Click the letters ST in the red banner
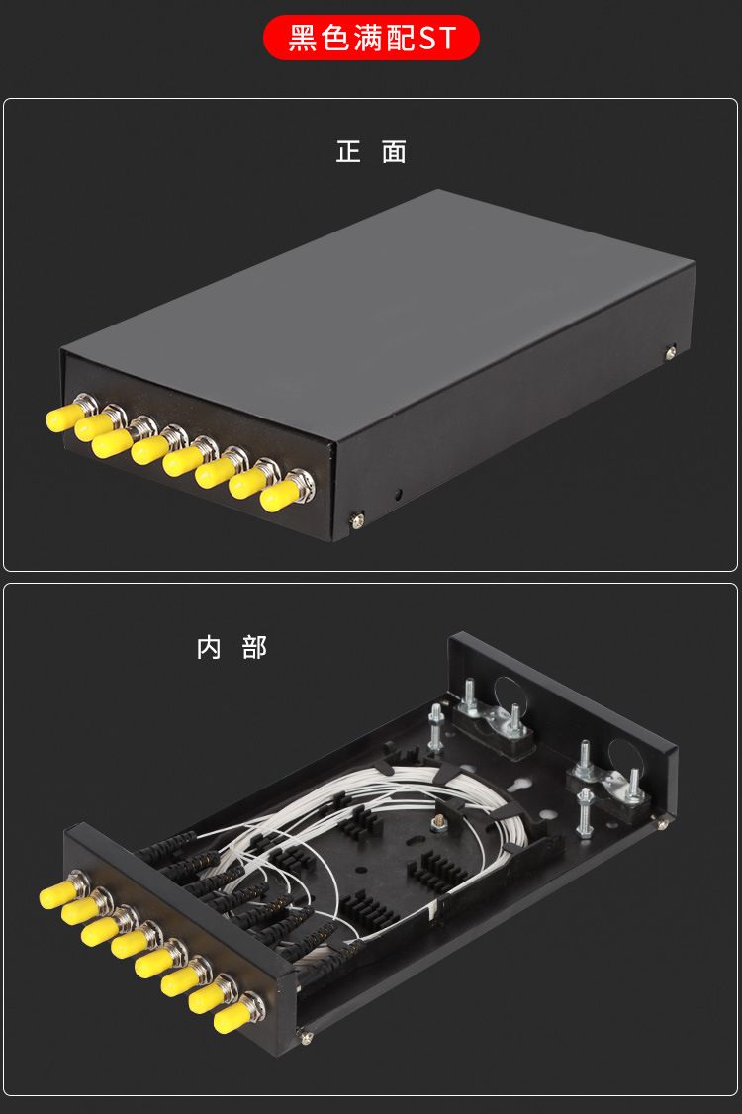(437, 38)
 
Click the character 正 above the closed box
(348, 151)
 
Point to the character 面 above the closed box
(394, 151)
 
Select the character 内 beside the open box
(209, 648)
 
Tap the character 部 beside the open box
(254, 648)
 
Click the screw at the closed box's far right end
(670, 351)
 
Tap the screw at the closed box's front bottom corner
(357, 520)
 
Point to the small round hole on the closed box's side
(398, 493)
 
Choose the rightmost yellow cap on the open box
(231, 1018)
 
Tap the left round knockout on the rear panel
(509, 695)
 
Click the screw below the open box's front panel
(306, 1037)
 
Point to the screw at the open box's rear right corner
(663, 823)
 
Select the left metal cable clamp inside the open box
(491, 717)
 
